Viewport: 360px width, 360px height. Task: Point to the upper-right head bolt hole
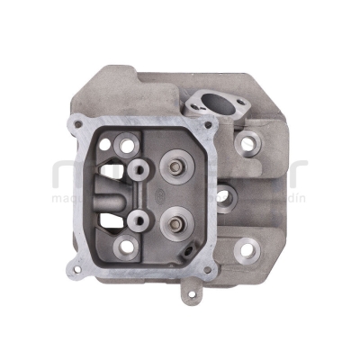coord(247,142)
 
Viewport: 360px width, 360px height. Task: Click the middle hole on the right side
coord(224,193)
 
